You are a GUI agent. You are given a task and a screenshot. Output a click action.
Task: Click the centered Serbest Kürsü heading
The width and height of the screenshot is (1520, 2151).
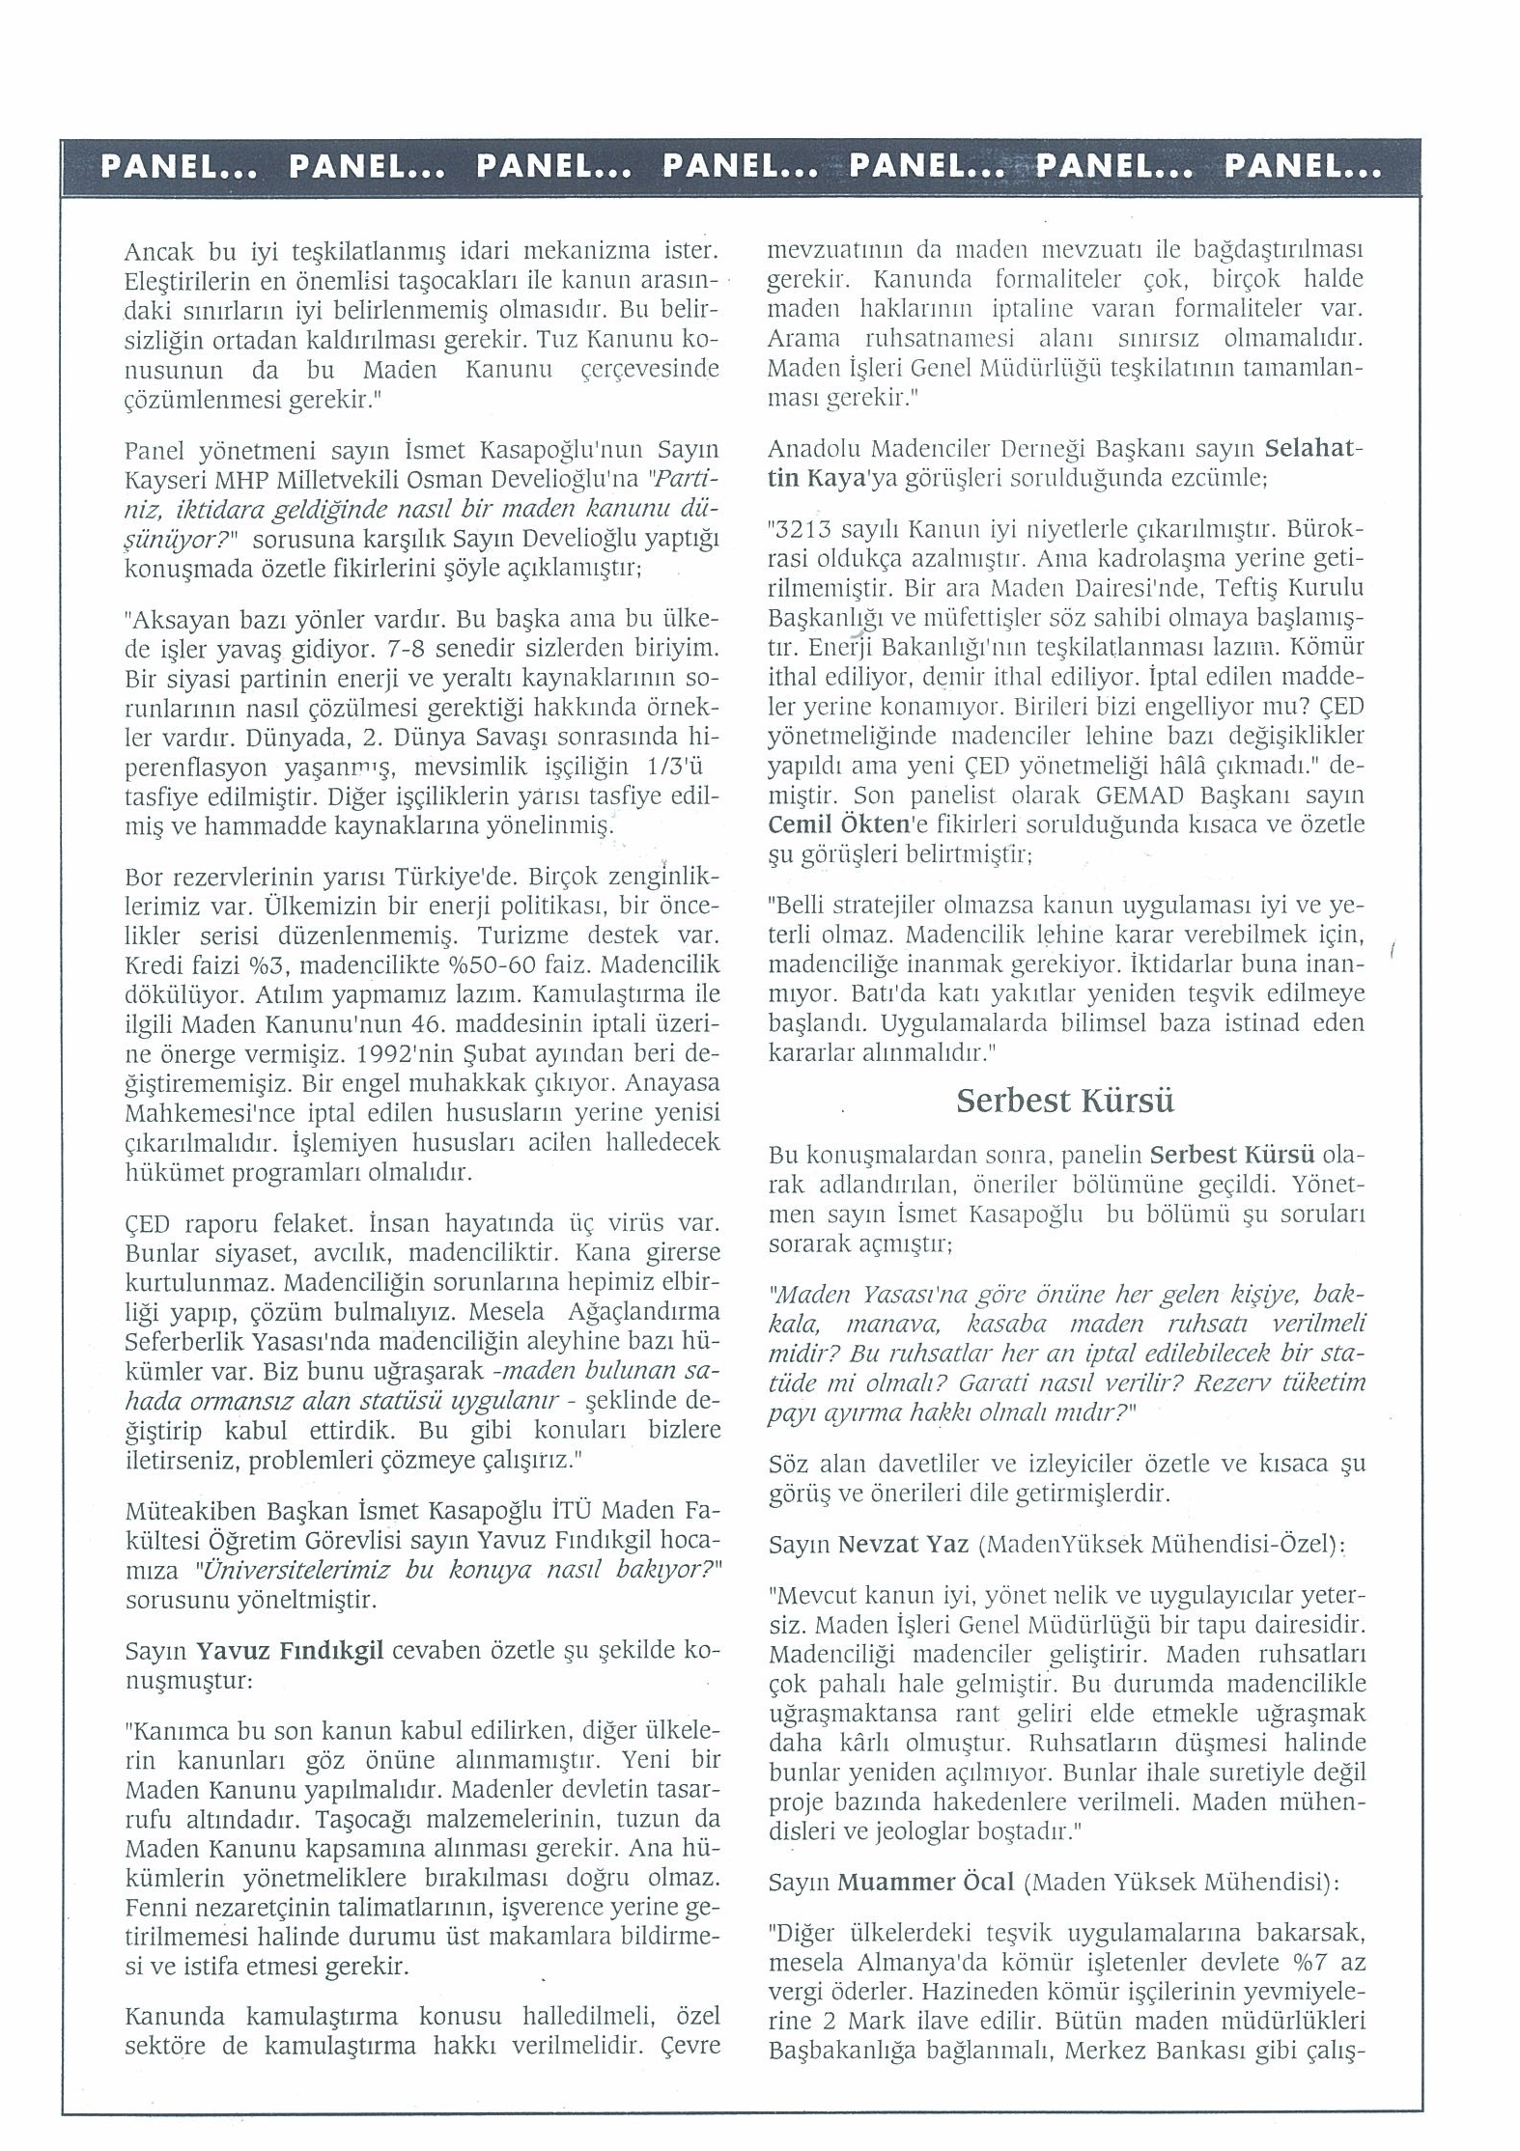(x=1065, y=1101)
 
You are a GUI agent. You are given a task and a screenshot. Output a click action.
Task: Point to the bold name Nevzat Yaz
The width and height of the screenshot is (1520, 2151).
(x=903, y=1544)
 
